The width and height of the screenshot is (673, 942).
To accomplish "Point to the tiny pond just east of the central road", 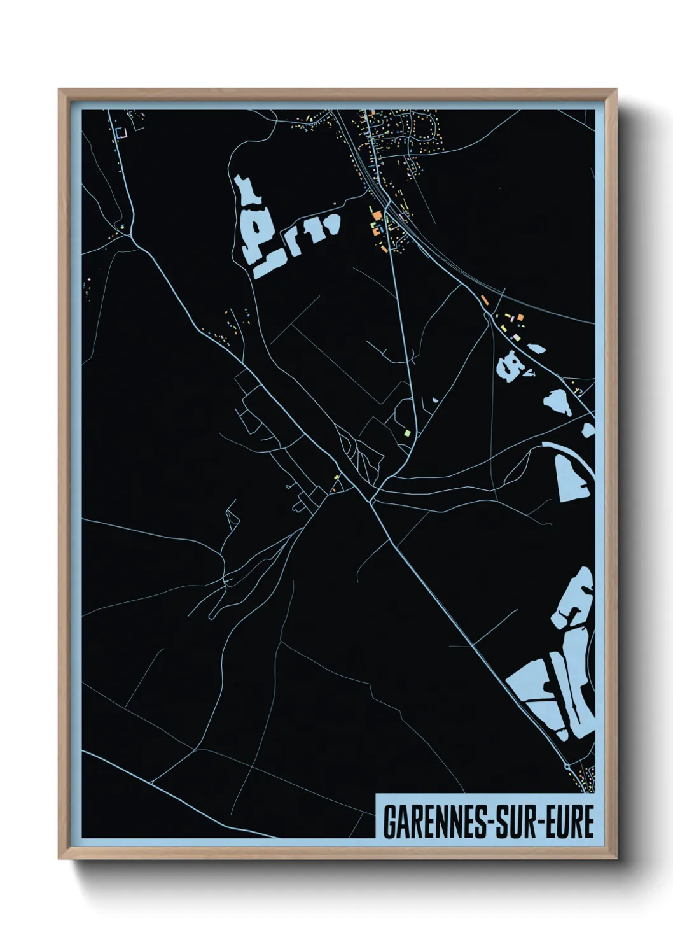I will (x=435, y=400).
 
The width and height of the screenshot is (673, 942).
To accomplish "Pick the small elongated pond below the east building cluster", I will (x=536, y=347).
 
